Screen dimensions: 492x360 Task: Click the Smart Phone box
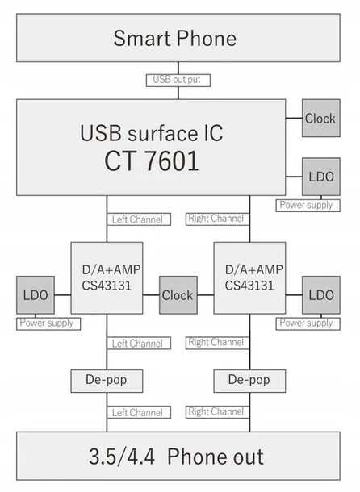174,38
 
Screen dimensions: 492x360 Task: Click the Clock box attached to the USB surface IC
320,119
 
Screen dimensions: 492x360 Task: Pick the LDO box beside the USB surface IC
320,176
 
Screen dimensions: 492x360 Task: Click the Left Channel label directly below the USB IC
136,219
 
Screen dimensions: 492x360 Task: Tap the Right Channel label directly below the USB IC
216,219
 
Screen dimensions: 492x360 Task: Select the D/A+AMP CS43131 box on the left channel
107,277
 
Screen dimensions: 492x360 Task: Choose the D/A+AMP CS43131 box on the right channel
249,277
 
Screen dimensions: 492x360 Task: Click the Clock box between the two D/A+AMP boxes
178,295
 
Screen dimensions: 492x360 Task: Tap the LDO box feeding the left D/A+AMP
36,295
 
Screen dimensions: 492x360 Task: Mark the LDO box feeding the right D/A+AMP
320,295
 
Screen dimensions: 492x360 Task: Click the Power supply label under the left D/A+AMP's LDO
46,323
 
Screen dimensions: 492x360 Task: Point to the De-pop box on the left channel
107,379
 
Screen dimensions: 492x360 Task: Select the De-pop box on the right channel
249,379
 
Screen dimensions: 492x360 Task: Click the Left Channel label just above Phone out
136,413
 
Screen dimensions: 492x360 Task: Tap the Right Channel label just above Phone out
216,412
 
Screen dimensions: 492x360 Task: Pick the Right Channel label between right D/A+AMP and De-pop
216,343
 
